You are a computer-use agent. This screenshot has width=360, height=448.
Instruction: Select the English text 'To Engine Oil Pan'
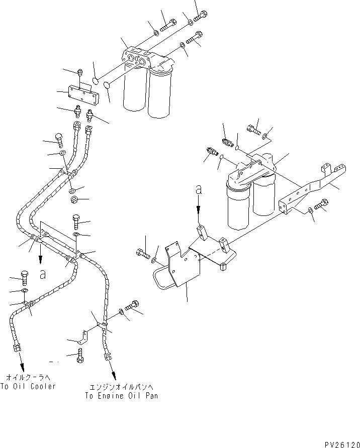point(121,396)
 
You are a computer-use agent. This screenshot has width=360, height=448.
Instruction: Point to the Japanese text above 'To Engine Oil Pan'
point(121,387)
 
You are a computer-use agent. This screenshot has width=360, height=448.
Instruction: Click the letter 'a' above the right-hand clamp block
point(199,190)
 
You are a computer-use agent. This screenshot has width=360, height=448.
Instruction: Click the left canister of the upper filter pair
point(134,92)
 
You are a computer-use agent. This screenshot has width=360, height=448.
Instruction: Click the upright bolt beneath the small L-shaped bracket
point(80,355)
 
